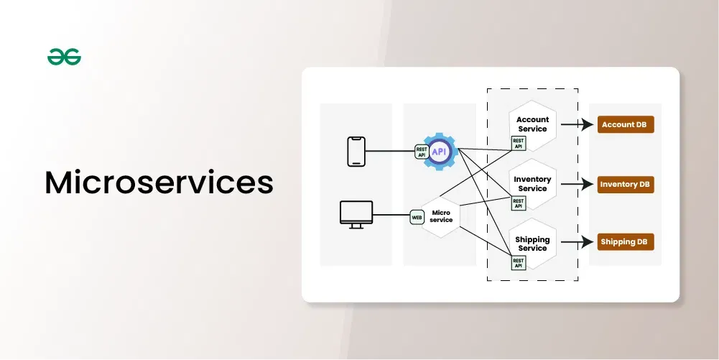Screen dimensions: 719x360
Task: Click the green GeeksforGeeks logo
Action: (64, 57)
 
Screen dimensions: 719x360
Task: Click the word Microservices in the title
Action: (159, 183)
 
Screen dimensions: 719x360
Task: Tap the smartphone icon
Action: (356, 152)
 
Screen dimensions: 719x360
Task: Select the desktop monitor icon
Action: (356, 215)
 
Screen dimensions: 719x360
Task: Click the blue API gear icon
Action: (440, 152)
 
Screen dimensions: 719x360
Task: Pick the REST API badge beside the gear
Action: (422, 152)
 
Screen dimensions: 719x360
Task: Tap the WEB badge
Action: (417, 217)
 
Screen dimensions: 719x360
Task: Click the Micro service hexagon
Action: (440, 217)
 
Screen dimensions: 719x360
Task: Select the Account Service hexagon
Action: (532, 125)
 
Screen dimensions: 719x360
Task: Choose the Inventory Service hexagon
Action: (532, 184)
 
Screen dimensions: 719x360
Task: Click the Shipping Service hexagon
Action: (532, 244)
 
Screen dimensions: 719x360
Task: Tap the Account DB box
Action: (626, 124)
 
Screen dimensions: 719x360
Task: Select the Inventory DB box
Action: (626, 185)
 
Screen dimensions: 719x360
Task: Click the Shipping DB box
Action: (626, 241)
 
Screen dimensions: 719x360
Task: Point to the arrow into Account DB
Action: (577, 124)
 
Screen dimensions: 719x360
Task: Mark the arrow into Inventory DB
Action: (577, 185)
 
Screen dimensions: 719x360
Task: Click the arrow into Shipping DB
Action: (577, 241)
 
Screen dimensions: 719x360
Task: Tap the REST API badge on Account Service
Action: (518, 144)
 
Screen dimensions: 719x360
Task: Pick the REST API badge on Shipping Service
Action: (518, 263)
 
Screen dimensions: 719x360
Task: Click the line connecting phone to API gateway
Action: (390, 151)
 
